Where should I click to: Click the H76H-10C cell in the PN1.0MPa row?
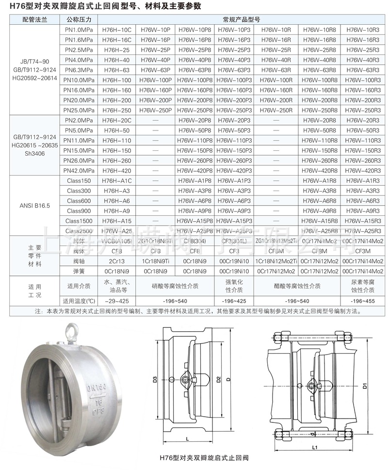pos(116,30)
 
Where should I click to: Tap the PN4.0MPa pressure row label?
pos(79,60)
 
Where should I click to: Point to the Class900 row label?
pos(79,211)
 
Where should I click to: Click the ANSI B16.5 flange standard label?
pos(32,205)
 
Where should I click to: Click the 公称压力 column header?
pos(79,20)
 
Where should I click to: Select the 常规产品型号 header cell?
pos(242,20)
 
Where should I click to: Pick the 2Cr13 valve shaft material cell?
pos(116,261)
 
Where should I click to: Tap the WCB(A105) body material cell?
pos(116,241)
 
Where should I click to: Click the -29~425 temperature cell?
pos(116,301)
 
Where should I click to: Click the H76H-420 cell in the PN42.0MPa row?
pos(116,170)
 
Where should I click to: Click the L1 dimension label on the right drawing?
pos(314,447)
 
